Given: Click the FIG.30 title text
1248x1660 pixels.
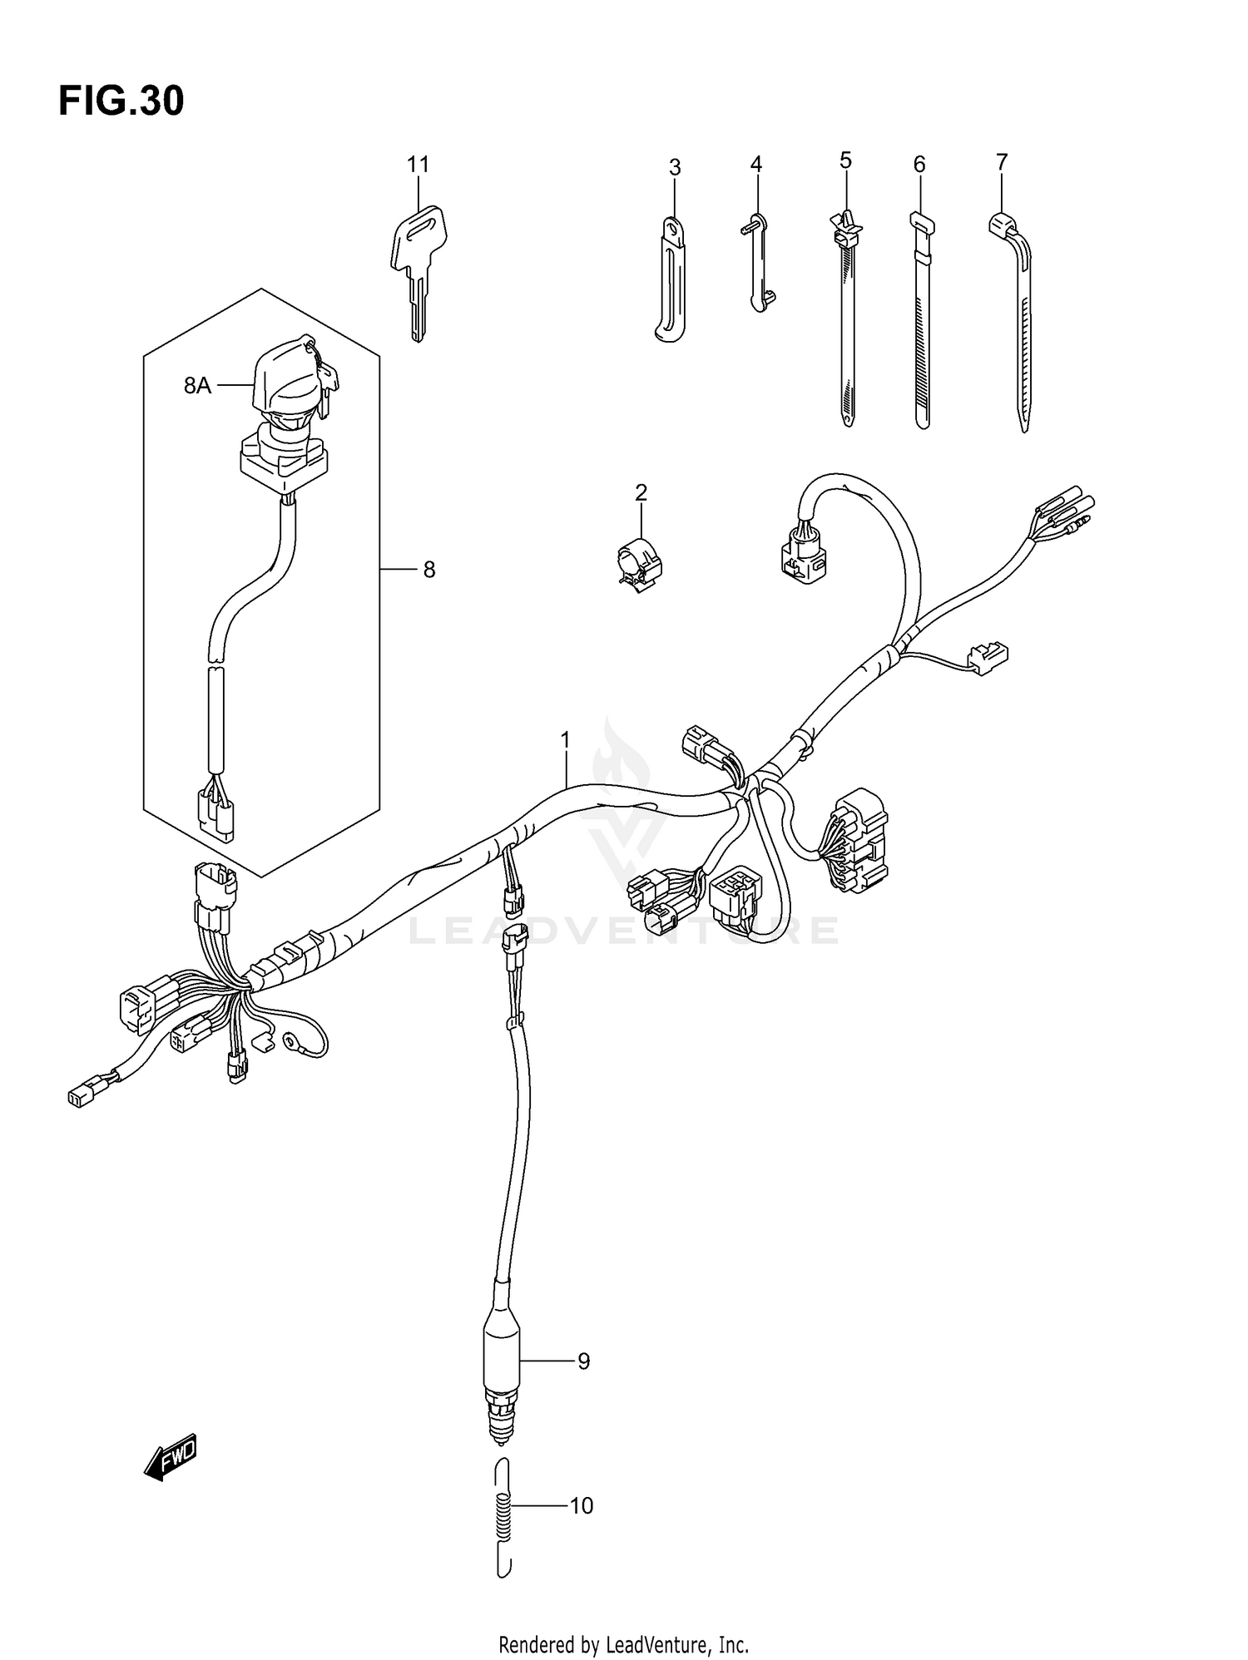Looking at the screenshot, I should tap(121, 101).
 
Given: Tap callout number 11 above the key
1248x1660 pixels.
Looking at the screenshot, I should tap(418, 165).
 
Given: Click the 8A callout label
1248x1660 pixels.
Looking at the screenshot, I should tap(197, 386).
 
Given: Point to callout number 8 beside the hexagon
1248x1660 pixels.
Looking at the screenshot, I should tap(428, 570).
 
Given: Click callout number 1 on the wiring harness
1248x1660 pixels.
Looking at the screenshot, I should tap(566, 739).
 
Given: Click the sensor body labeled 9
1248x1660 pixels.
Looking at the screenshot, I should tap(502, 1361).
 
